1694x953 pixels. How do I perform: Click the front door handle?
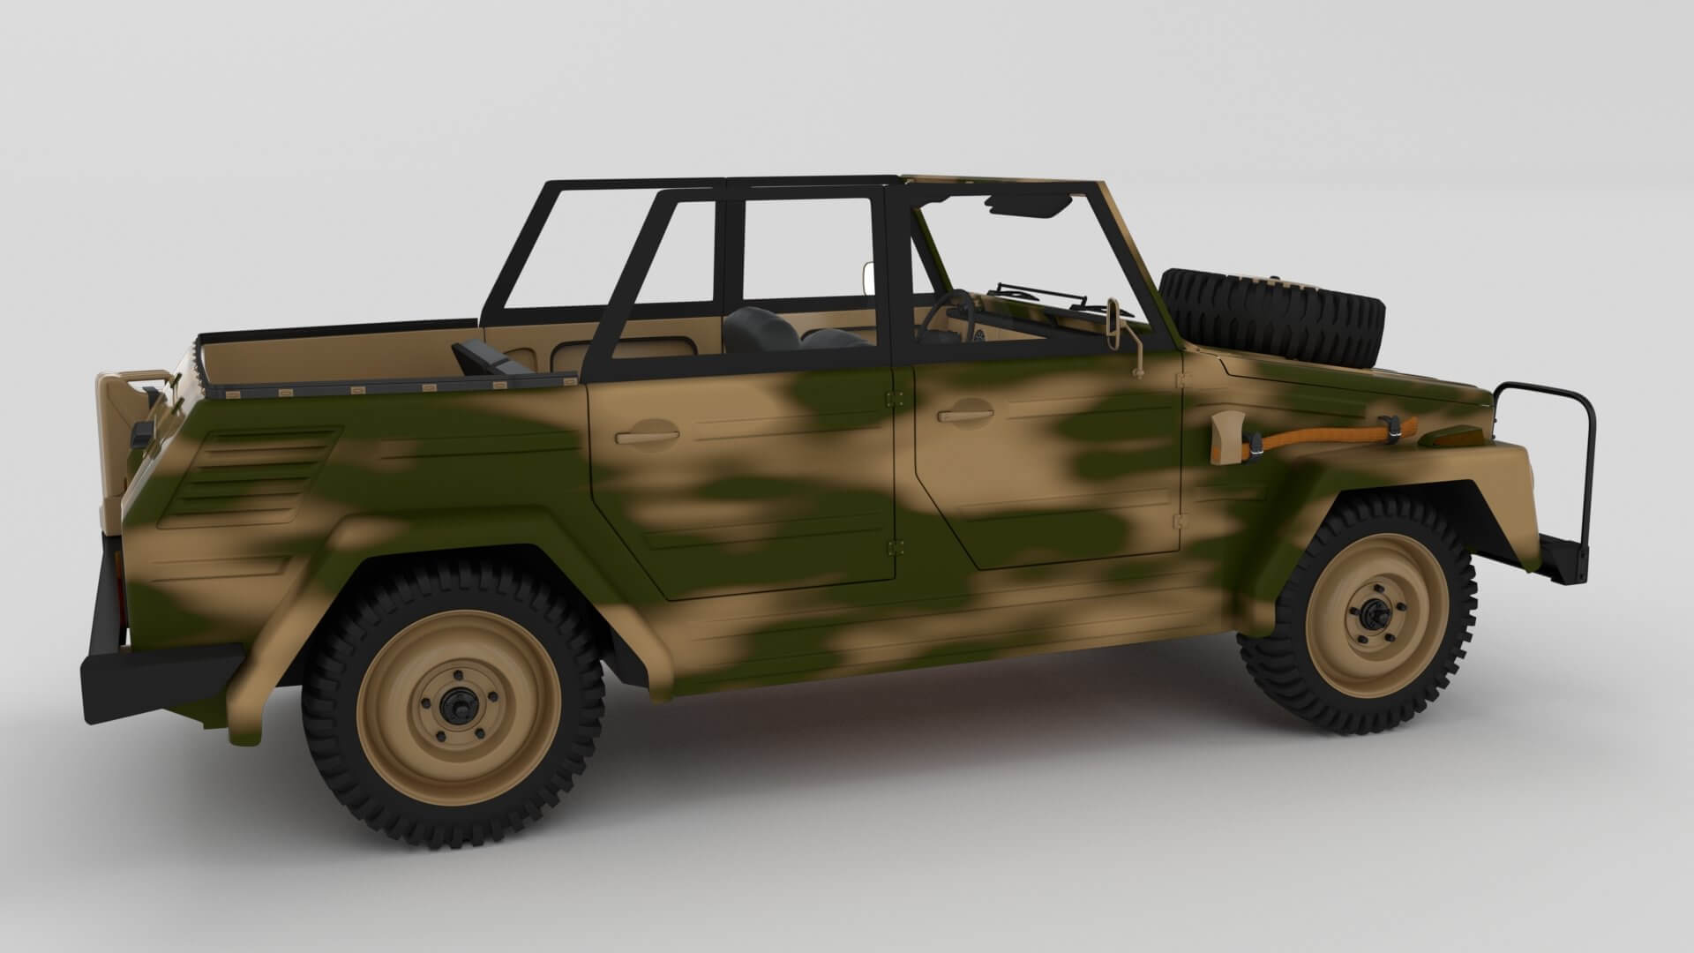click(x=964, y=412)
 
